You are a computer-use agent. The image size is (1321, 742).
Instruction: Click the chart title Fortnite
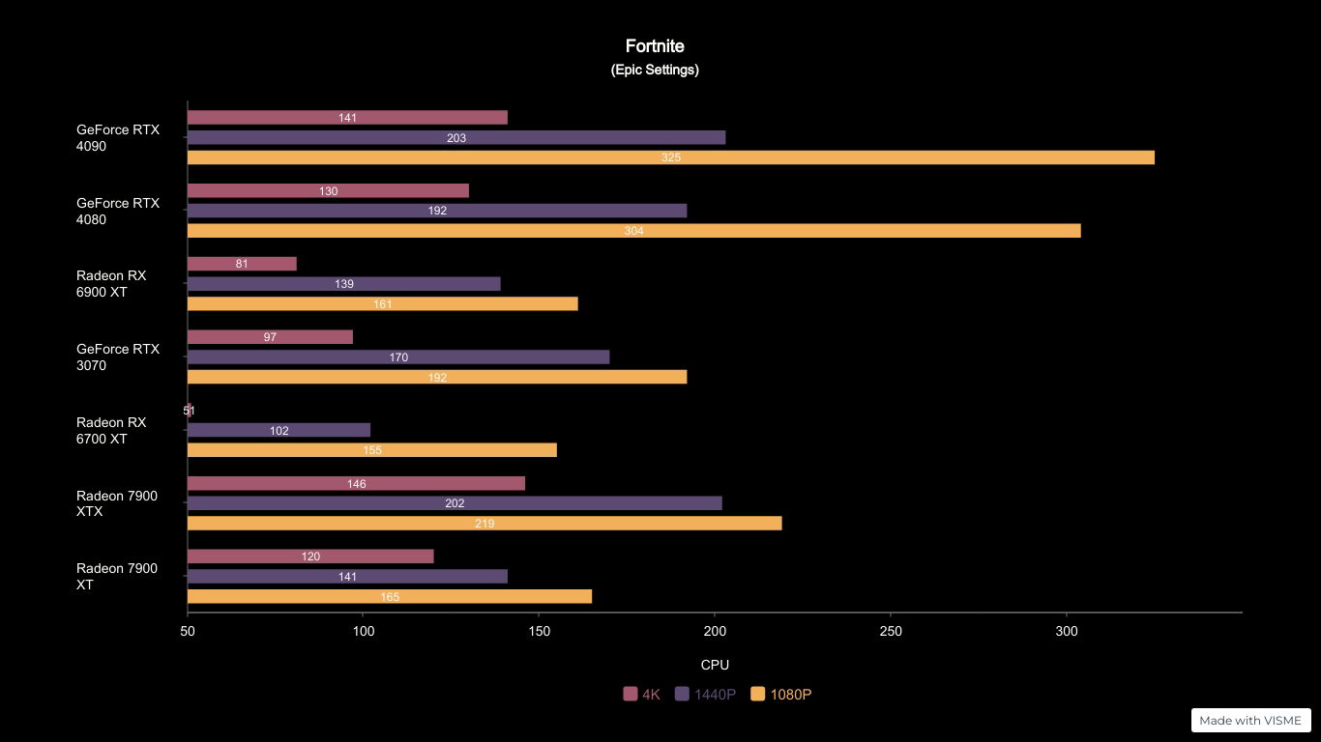(x=655, y=46)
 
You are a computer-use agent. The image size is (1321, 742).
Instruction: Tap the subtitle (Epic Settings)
(x=655, y=70)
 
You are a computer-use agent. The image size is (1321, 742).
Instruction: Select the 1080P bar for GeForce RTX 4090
(x=670, y=157)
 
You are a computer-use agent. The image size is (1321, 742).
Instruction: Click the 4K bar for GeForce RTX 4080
(x=328, y=191)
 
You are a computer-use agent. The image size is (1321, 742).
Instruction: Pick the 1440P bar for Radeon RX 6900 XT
(x=343, y=284)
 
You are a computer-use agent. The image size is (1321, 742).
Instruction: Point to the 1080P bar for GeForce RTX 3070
(x=437, y=377)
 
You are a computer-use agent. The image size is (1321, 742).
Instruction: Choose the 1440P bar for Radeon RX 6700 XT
(x=279, y=430)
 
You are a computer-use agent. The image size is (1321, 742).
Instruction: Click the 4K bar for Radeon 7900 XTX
(x=356, y=483)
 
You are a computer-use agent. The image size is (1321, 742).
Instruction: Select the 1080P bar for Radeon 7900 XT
(x=389, y=597)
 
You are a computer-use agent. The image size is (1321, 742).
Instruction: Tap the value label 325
(x=671, y=157)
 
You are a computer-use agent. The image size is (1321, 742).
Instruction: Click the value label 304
(x=633, y=231)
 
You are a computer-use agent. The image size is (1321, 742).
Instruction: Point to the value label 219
(x=484, y=524)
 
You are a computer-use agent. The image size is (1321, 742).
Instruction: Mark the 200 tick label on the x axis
(x=715, y=632)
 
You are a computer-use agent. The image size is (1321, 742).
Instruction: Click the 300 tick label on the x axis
(x=1066, y=632)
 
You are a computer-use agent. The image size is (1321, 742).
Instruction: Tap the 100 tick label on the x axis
(x=364, y=632)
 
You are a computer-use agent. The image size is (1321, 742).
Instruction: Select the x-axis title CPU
(x=715, y=665)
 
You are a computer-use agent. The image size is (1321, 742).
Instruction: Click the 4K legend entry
(x=642, y=695)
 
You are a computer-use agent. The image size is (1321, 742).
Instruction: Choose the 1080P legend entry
(x=781, y=695)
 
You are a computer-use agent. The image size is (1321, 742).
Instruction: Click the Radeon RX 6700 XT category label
(x=111, y=431)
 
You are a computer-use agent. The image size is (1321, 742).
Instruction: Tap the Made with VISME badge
(x=1250, y=721)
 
